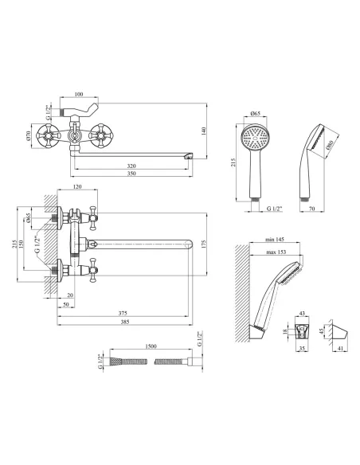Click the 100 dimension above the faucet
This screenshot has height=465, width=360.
coord(79,94)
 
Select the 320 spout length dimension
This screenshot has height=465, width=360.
coord(131,166)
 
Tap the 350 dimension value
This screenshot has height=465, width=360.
coord(131,174)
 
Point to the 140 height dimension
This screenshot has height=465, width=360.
coord(203,131)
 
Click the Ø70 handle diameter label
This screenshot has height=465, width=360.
coord(29,135)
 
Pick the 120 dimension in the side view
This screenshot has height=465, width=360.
coord(77,187)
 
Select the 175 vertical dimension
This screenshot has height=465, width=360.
coord(203,244)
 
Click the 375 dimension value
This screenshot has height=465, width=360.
coord(123,313)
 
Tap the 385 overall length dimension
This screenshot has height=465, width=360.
coord(125,322)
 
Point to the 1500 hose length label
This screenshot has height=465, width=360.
coord(151,346)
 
